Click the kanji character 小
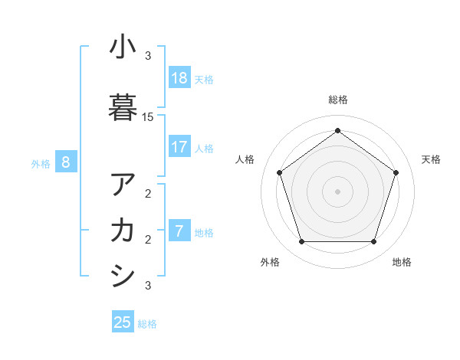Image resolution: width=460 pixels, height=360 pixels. click(x=123, y=48)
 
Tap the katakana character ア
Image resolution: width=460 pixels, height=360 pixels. click(x=123, y=185)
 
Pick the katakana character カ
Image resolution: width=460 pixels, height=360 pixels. click(x=123, y=230)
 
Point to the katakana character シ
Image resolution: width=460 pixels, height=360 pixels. click(x=123, y=275)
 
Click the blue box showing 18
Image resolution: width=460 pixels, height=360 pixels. click(x=179, y=78)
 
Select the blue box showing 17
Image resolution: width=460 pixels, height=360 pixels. click(x=179, y=147)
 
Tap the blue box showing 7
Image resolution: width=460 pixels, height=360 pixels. click(x=179, y=231)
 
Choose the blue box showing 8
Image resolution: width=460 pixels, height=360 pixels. click(x=66, y=162)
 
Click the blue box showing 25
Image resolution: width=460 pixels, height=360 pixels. click(x=123, y=322)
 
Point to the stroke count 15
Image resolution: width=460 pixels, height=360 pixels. click(x=148, y=117)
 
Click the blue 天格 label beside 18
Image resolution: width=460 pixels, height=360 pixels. click(x=204, y=79)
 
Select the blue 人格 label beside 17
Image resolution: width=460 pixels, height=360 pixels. click(x=204, y=148)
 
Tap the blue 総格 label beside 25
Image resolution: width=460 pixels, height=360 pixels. click(x=147, y=324)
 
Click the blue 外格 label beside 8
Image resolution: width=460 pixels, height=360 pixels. click(x=41, y=163)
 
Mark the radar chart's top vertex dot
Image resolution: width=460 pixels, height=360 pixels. click(x=337, y=131)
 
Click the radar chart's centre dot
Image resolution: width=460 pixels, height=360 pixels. click(x=337, y=191)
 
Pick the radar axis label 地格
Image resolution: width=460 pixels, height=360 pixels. click(x=402, y=262)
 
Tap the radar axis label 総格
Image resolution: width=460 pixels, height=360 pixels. click(x=337, y=100)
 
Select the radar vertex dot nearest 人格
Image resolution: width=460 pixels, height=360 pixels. click(x=279, y=172)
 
